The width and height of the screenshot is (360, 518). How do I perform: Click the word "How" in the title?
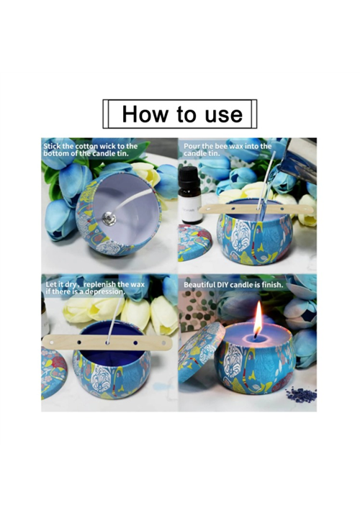coord(145,114)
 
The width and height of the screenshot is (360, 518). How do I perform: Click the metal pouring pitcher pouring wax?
coord(298,159)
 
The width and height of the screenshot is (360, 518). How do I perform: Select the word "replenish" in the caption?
coord(99,284)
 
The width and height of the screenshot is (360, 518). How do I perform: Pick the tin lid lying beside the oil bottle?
coord(194,242)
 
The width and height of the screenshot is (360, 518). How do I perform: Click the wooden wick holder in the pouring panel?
coord(256,209)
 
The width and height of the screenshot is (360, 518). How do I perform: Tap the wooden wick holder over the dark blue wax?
coord(107,342)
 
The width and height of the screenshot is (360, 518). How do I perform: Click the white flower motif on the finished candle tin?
coord(235,361)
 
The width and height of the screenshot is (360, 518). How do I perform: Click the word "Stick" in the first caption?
coord(52,146)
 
